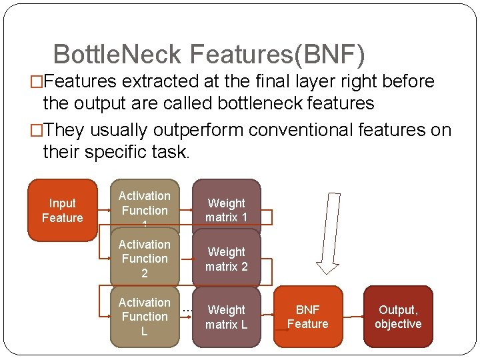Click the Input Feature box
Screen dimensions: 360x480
[x=62, y=210]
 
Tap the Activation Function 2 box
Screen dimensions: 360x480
[x=145, y=259]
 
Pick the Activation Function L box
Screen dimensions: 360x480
[x=145, y=317]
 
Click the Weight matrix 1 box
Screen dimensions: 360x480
[x=227, y=210]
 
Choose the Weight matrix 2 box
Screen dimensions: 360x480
[x=227, y=259]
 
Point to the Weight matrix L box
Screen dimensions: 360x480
[x=227, y=317]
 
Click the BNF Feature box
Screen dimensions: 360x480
[x=307, y=317]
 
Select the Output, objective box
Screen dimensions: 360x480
[x=398, y=317]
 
